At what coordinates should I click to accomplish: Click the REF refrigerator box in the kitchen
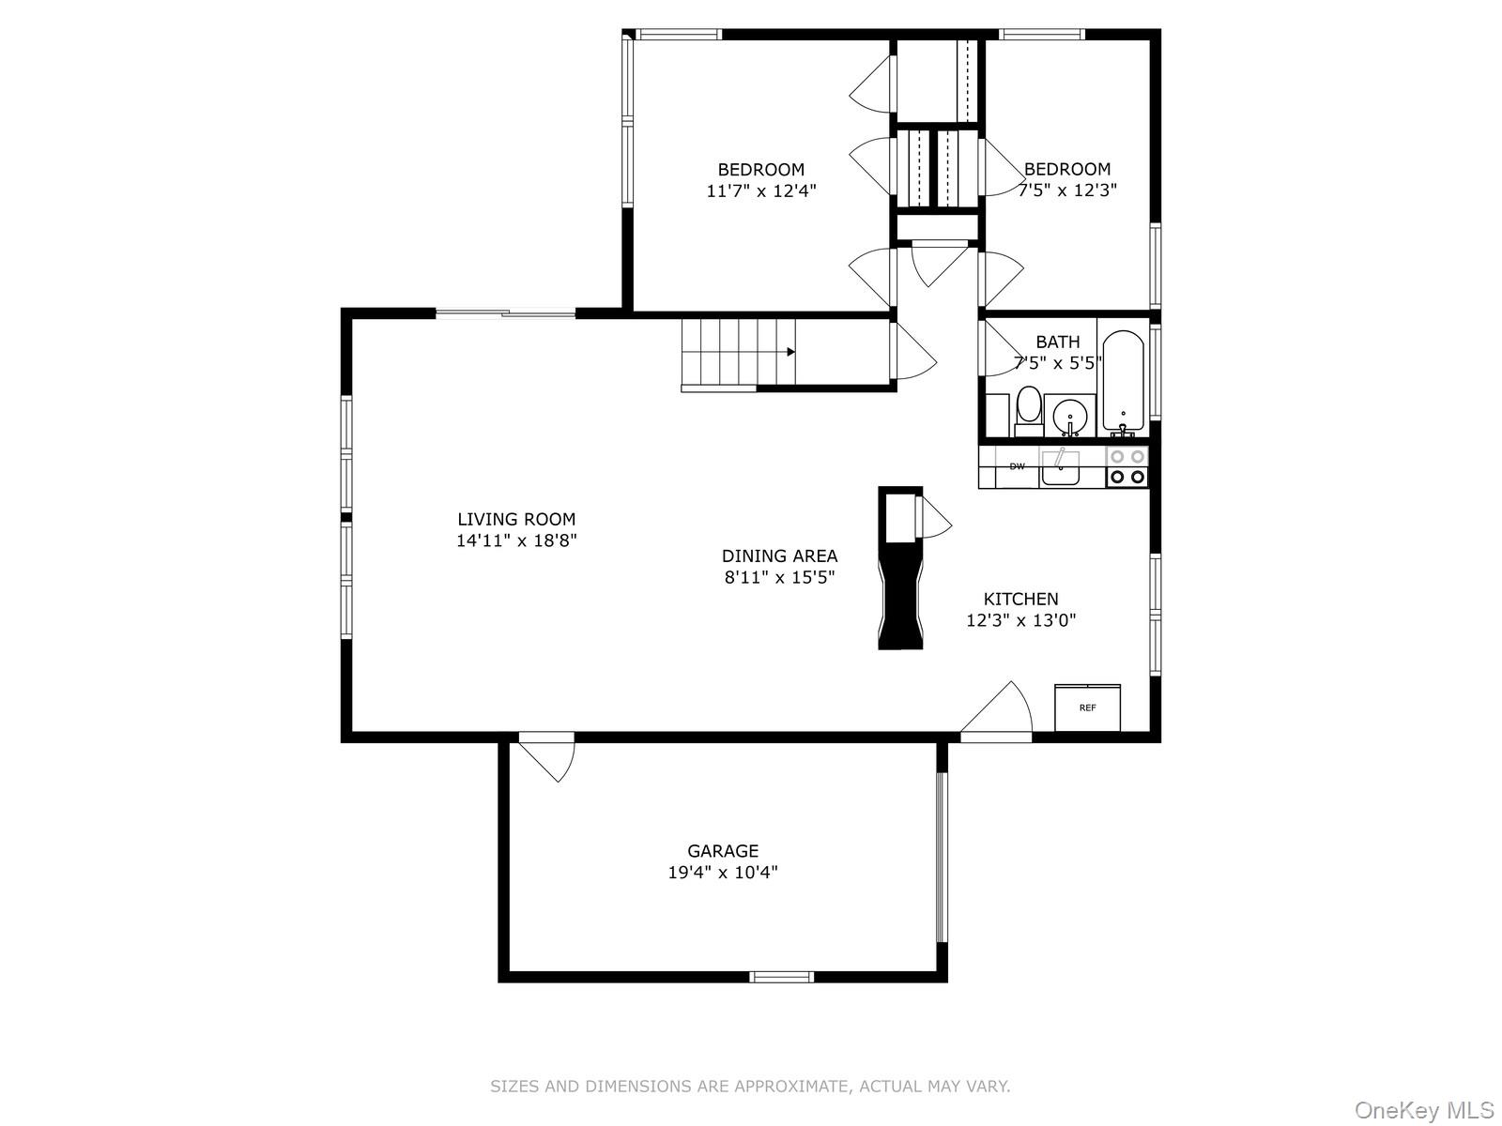pos(1087,708)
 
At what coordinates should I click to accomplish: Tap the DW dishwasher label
pos(1017,466)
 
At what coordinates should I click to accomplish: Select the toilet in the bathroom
pos(1029,409)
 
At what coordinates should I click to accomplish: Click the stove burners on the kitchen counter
pos(1126,466)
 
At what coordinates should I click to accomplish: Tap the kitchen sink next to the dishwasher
pos(1060,467)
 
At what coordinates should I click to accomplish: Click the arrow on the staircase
pos(791,352)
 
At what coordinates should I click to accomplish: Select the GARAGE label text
pos(723,851)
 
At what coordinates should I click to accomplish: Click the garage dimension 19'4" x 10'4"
pos(723,873)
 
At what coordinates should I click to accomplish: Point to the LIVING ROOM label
pos(516,519)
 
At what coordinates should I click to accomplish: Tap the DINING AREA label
pos(779,555)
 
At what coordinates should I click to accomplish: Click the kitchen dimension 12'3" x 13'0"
pos(1020,620)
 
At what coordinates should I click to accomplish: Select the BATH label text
pos(1058,342)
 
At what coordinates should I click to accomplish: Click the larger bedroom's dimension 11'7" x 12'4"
pos(761,191)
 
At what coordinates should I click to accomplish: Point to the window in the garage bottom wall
pos(782,977)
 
